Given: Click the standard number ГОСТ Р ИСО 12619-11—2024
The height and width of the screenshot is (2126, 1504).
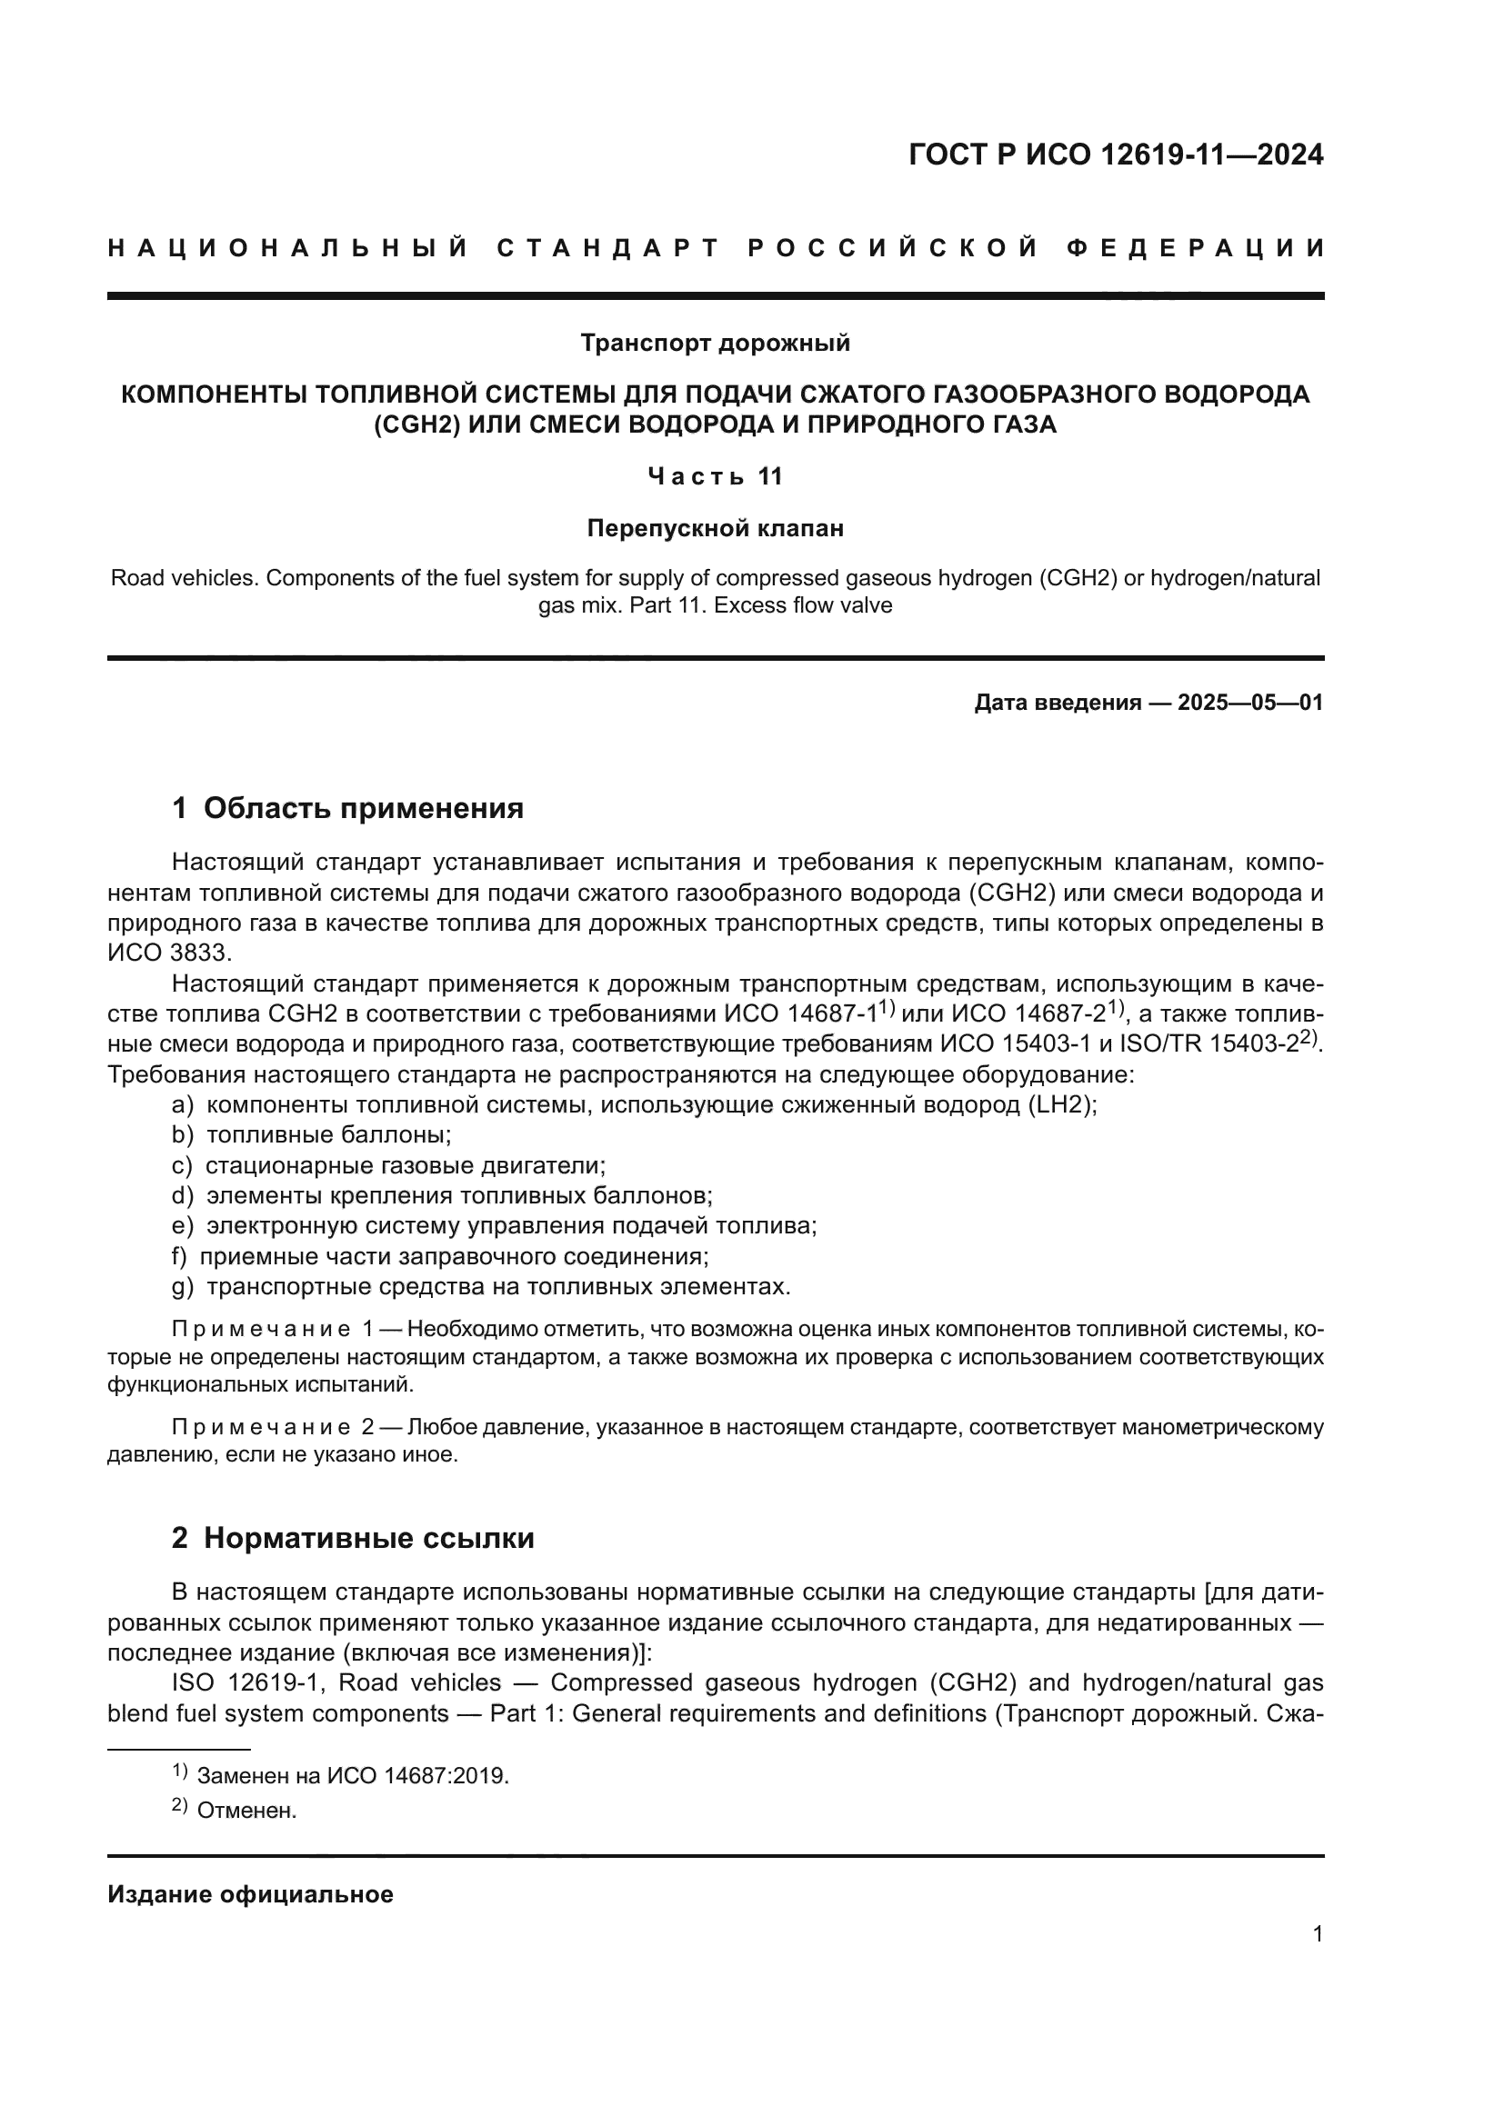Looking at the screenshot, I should tap(1115, 155).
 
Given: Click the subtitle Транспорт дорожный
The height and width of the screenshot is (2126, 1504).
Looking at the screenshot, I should tap(715, 344).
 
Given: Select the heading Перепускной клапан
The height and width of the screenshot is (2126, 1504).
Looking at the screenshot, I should tap(715, 529).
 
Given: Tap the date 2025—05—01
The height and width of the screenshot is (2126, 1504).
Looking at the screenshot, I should tap(1249, 703).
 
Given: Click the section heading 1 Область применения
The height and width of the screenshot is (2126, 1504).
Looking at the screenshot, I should tap(347, 808).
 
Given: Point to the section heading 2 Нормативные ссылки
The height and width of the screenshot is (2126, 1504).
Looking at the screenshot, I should tap(353, 1538).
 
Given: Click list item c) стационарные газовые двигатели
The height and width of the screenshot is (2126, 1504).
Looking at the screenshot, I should tap(389, 1165).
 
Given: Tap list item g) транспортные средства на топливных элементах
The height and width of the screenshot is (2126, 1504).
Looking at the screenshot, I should tap(482, 1286).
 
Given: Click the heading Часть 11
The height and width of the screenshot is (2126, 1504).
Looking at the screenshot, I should tap(715, 477).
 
